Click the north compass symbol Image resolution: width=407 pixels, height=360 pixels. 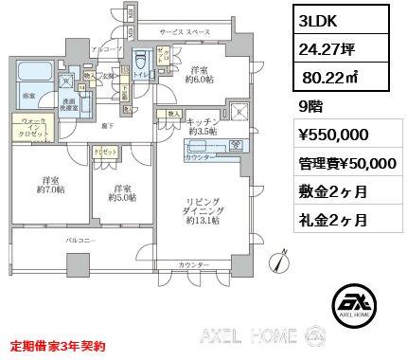point(280,261)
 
